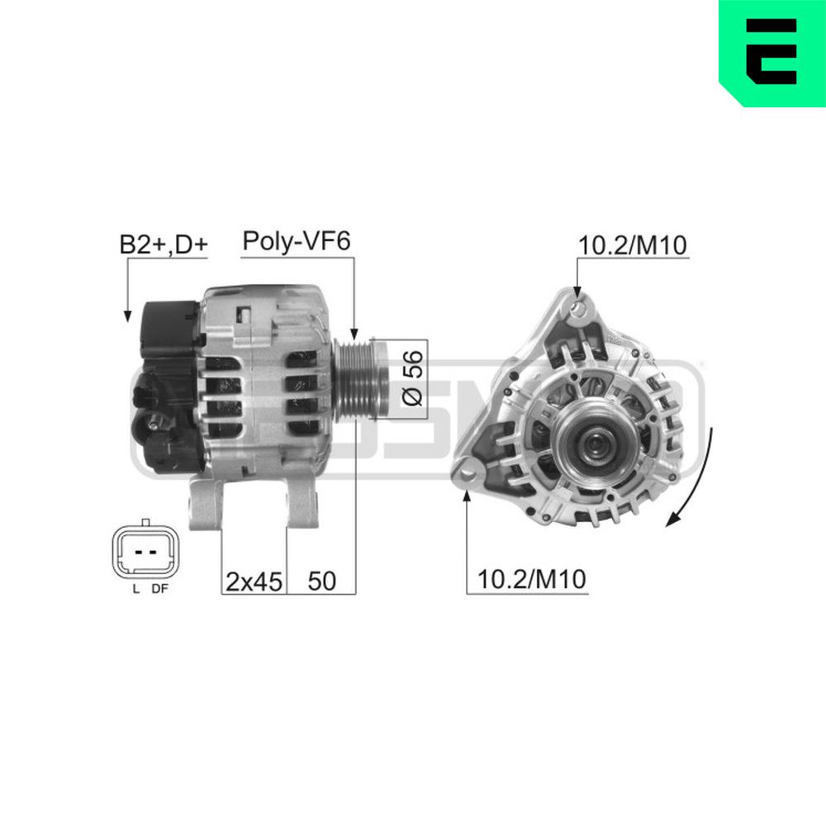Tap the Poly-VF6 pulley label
point(297,241)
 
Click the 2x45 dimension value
point(254,581)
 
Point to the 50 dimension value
point(322,581)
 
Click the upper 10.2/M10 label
point(633,245)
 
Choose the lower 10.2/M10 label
point(531,580)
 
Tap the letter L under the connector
point(136,590)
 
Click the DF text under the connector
point(159,590)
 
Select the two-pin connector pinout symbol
point(145,550)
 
